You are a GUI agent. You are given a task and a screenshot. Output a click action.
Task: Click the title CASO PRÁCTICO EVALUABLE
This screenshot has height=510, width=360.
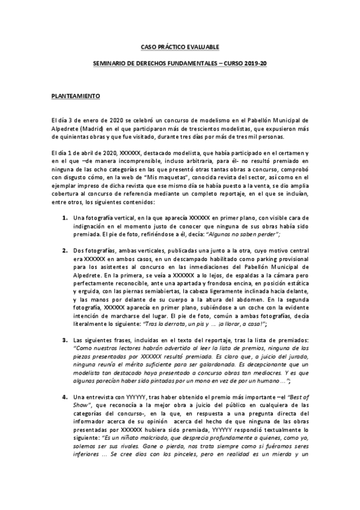click(179, 46)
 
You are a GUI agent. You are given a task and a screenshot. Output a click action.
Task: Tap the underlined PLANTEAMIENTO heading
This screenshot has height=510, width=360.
click(75, 96)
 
